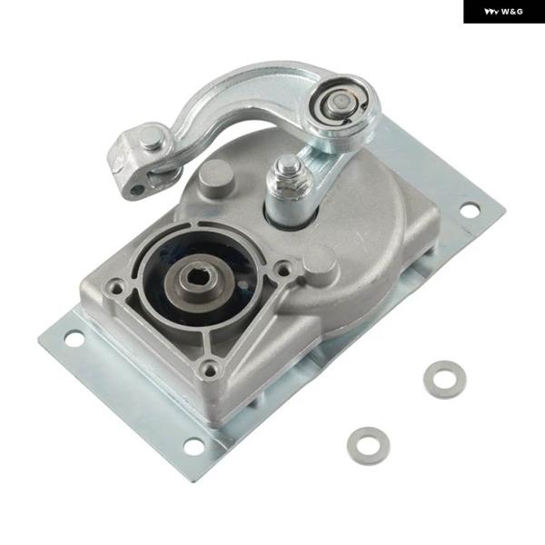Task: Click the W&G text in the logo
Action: click(x=512, y=12)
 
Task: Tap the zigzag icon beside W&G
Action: click(x=491, y=12)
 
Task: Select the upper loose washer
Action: click(x=444, y=380)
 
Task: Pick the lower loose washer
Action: click(x=369, y=446)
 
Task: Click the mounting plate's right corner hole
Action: click(x=470, y=210)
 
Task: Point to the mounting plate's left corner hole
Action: click(x=74, y=339)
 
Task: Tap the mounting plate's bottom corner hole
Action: click(x=193, y=446)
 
